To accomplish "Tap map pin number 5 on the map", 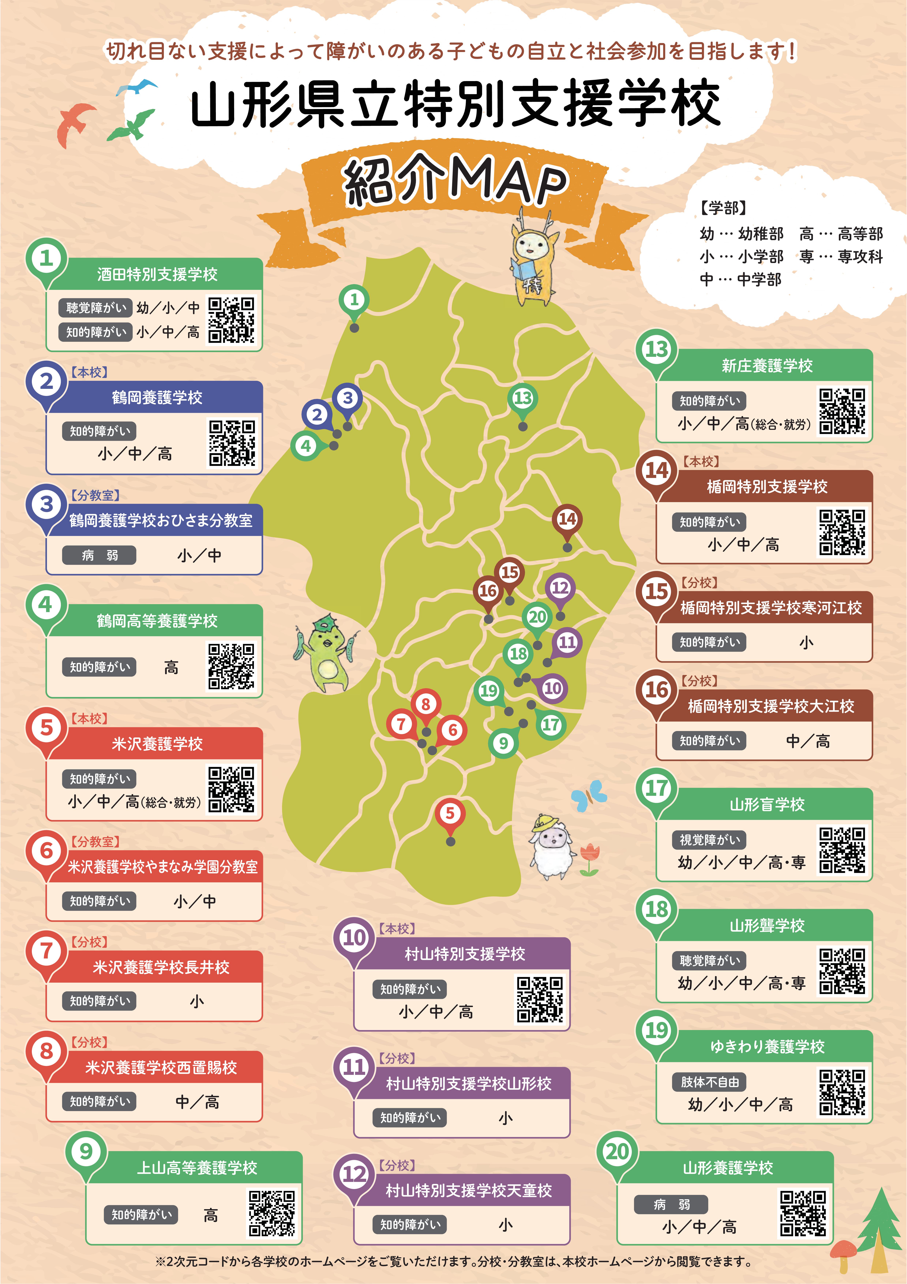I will pos(450,814).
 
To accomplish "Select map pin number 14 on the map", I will pos(567,519).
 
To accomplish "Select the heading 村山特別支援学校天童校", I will pos(469,1191).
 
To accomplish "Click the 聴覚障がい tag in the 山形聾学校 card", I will pos(709,961).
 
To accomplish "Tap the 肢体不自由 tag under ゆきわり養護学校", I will pos(709,1082).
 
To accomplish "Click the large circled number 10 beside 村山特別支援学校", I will pos(354,937).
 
